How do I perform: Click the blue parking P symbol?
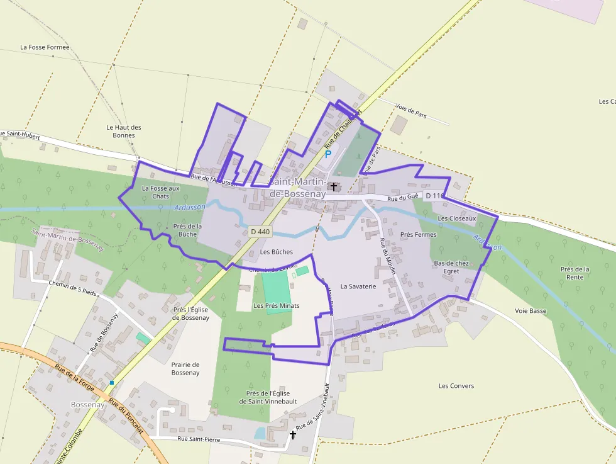(327, 154)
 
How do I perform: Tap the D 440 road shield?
(260, 232)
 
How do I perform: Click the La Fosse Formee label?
(45, 47)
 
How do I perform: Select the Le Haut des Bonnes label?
(124, 131)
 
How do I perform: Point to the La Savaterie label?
(358, 286)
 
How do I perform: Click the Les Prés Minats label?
(276, 305)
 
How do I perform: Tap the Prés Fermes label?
(418, 234)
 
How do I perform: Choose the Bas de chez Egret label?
(451, 267)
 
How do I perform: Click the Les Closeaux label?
(457, 218)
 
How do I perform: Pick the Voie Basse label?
(531, 310)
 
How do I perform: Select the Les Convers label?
(456, 385)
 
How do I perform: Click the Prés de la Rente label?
(575, 273)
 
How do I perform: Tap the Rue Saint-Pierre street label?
(199, 439)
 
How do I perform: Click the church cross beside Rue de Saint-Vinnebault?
(292, 435)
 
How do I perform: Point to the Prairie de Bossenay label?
(185, 368)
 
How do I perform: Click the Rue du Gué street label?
(403, 198)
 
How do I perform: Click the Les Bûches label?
(277, 252)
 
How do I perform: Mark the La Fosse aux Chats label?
(160, 192)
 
